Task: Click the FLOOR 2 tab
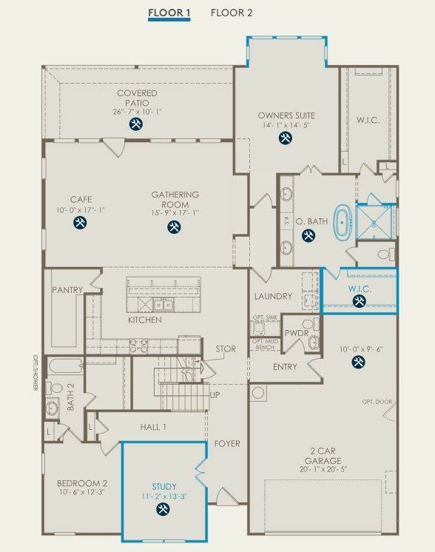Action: [x=232, y=13]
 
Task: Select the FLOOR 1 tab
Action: [x=169, y=13]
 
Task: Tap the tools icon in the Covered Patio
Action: [x=136, y=124]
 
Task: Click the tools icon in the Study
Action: [x=163, y=509]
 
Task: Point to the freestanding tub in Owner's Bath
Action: [x=342, y=223]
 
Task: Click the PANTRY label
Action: [x=67, y=290]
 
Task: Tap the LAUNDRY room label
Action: [x=273, y=297]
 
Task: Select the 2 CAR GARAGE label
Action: [x=323, y=456]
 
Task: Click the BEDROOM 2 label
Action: [x=82, y=483]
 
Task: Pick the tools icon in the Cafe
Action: [x=80, y=223]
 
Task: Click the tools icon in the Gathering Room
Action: [x=174, y=226]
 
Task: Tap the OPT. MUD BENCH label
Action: [x=265, y=344]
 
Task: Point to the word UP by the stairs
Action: [x=215, y=395]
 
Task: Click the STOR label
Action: [x=226, y=349]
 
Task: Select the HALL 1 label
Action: [x=153, y=428]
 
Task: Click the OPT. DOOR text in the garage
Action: [x=377, y=402]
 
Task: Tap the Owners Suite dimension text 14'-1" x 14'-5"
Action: [x=286, y=125]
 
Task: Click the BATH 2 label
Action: [x=71, y=397]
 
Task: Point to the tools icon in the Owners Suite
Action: [x=286, y=138]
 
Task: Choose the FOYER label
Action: [x=227, y=444]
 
